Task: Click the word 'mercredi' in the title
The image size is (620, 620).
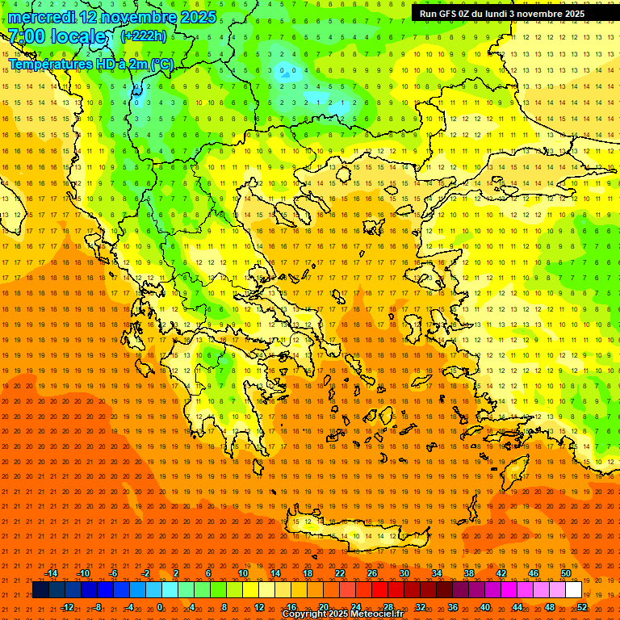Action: point(41,17)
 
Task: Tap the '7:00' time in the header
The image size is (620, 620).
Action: point(26,36)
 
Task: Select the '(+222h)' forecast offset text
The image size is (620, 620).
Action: point(144,36)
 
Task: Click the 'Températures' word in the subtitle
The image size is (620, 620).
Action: point(50,64)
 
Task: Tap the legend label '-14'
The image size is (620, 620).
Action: point(51,573)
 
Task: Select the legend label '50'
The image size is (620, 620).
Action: point(566,573)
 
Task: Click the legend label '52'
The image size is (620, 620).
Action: point(582,607)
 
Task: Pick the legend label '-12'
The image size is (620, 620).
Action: point(67,607)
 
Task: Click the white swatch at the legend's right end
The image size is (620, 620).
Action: point(573,590)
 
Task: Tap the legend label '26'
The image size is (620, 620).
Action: point(372,573)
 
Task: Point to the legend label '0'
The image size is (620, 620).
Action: point(160,607)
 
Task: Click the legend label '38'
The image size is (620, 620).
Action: point(469,573)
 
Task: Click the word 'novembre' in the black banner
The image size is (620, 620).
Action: point(535,14)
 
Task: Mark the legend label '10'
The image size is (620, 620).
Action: point(242,573)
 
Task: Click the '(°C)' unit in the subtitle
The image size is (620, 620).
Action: point(161,64)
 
